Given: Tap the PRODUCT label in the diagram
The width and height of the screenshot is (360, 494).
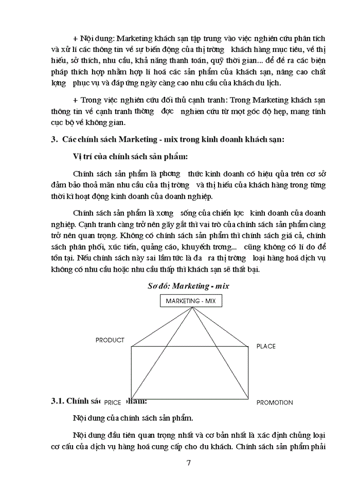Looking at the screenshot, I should coord(110,340).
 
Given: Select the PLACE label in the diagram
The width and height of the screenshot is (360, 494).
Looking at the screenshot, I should coord(266,346).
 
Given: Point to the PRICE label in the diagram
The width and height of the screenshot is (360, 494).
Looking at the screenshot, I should coord(112,402).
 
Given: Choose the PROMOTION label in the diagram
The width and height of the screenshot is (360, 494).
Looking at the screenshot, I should coord(275,402).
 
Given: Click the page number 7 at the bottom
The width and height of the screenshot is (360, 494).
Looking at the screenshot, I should coord(189,462).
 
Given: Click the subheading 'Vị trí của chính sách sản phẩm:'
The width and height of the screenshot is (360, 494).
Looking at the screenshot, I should coord(126,156).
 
